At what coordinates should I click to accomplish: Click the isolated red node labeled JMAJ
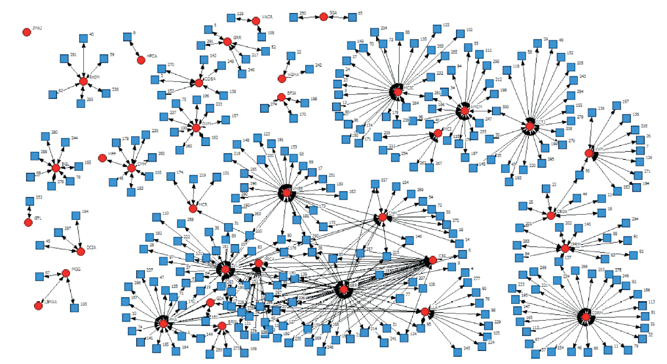[x=27, y=31]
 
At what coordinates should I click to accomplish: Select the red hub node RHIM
[x=83, y=81]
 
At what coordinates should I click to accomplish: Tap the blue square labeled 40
[x=83, y=37]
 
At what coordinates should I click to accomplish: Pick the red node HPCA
[x=141, y=60]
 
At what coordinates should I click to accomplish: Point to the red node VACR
[x=256, y=21]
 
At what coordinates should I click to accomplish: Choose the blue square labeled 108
[x=261, y=33]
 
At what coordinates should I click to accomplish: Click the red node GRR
[x=227, y=42]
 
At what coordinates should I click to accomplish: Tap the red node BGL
[x=56, y=168]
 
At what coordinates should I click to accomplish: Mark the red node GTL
[x=28, y=223]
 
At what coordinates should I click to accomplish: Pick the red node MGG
[x=66, y=273]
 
